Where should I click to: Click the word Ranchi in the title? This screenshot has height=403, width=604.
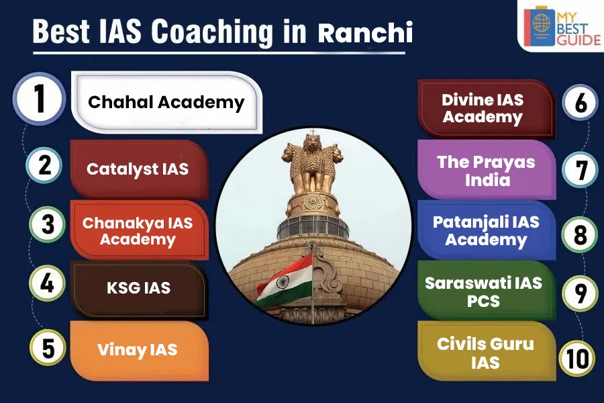[x=365, y=33]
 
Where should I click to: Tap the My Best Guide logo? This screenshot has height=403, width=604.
[x=562, y=26]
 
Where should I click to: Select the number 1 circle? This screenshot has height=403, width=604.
[x=40, y=99]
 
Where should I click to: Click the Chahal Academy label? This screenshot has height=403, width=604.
[x=166, y=102]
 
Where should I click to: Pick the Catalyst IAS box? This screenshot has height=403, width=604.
[x=140, y=169]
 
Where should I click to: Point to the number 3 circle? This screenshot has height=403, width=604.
[x=48, y=224]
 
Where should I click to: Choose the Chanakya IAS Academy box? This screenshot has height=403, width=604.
[x=140, y=230]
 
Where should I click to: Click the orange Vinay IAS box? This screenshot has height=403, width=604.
[x=140, y=351]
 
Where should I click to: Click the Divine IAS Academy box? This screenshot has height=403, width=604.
[x=487, y=109]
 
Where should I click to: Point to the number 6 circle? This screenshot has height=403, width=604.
[x=580, y=103]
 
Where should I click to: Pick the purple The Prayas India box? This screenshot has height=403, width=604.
[x=487, y=170]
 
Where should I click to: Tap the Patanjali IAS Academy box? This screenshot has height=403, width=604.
[x=487, y=230]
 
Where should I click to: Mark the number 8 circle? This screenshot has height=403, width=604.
[x=580, y=234]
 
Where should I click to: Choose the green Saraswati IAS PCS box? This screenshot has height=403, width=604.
[x=487, y=290]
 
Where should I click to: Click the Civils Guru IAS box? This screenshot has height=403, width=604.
[x=487, y=351]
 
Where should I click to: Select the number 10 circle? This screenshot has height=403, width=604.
[x=577, y=358]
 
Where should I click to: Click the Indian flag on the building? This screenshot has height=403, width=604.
[x=285, y=281]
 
